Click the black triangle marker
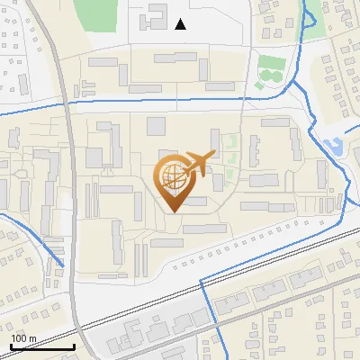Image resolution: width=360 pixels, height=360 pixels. (181, 24)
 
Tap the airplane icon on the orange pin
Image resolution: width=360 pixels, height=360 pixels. (200, 164)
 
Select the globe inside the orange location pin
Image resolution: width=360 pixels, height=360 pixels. (172, 176)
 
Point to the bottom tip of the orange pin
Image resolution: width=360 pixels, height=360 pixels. (172, 212)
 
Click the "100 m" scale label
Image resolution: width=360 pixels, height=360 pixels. (23, 338)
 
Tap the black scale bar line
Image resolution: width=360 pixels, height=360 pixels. (41, 347)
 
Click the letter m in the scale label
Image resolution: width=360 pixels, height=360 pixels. (32, 338)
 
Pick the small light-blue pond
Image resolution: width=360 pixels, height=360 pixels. (331, 144)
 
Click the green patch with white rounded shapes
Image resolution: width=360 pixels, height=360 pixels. (266, 72)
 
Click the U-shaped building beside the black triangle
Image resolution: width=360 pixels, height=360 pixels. (153, 15)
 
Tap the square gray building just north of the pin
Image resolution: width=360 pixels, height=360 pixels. (157, 125)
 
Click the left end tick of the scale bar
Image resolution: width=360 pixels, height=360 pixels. (11, 346)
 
